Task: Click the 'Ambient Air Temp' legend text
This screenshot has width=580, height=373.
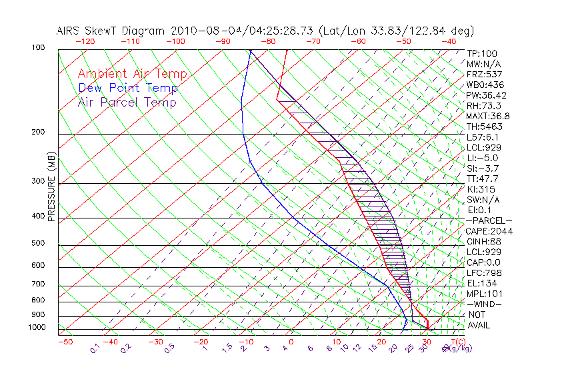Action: click(x=132, y=74)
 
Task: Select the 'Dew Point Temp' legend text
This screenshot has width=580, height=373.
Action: click(x=128, y=88)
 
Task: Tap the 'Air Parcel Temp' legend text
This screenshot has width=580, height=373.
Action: click(x=127, y=102)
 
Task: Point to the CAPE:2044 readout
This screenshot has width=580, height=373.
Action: click(x=489, y=231)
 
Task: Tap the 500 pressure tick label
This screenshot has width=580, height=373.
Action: click(x=39, y=244)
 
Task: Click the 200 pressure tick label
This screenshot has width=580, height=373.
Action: click(x=39, y=133)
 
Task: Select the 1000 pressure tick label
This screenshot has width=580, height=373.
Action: click(x=37, y=328)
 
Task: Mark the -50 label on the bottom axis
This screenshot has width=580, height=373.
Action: click(x=65, y=342)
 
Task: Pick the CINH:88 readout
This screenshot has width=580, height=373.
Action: click(x=485, y=242)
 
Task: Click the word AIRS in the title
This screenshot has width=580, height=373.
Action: click(x=70, y=31)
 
